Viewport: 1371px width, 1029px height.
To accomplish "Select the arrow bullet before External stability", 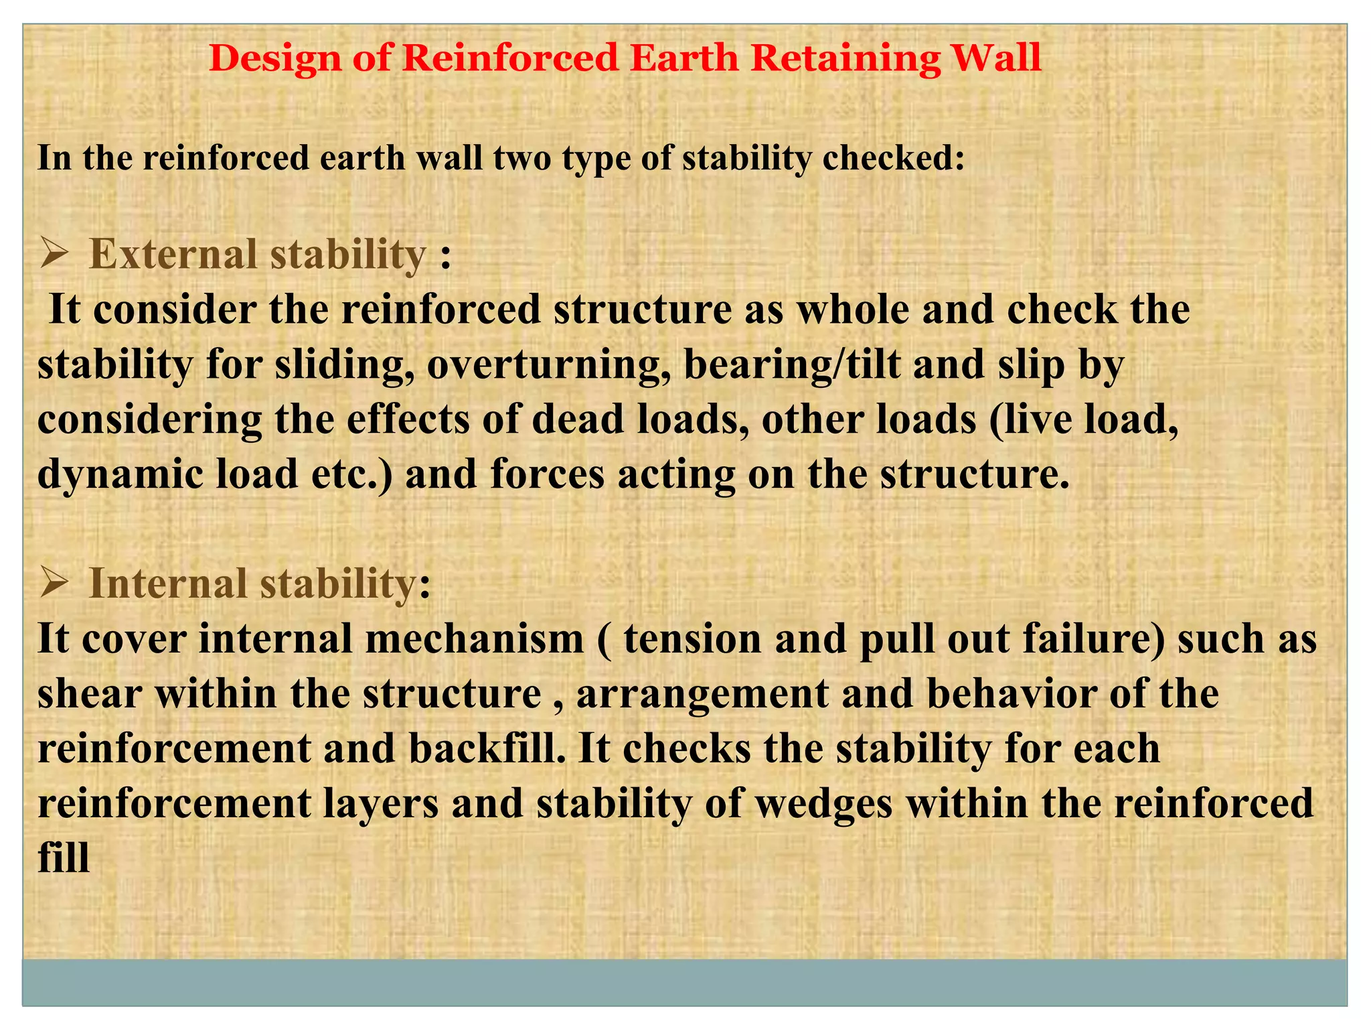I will click(x=55, y=255).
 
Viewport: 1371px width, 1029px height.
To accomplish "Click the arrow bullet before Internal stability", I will click(x=55, y=584).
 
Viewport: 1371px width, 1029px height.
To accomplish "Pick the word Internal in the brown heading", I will click(x=168, y=584).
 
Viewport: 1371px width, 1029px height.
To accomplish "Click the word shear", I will click(x=90, y=694).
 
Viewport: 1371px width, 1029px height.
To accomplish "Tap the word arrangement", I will click(x=702, y=694).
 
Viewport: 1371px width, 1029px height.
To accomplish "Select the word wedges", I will click(x=824, y=804).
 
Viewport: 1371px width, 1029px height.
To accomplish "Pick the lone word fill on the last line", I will click(x=64, y=858).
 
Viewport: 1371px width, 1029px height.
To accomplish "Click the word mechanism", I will click(x=475, y=639).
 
